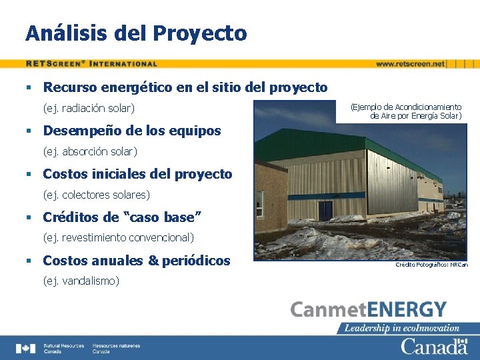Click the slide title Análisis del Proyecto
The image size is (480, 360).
(x=136, y=33)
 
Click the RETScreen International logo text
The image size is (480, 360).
(x=92, y=64)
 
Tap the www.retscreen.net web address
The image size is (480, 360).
(x=409, y=64)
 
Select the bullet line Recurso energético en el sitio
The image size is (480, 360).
(x=185, y=87)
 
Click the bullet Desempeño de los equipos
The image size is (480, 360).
(x=131, y=131)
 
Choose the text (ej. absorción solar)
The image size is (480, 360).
(x=90, y=151)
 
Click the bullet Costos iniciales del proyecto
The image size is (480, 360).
(x=137, y=174)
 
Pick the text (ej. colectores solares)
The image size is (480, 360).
(x=97, y=195)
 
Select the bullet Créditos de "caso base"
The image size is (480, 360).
(x=122, y=217)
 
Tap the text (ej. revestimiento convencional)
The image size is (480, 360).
(x=119, y=237)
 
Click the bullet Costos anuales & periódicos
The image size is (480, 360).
(x=136, y=261)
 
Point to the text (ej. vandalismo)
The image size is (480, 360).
(x=81, y=281)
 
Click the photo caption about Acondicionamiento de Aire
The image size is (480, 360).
(x=406, y=111)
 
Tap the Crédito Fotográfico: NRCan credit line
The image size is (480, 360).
(x=431, y=265)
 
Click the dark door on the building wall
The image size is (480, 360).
(x=325, y=211)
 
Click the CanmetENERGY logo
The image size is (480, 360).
(x=368, y=310)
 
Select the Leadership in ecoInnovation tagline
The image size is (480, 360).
(x=402, y=327)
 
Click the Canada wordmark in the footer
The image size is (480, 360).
(x=434, y=347)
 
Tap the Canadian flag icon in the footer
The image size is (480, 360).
(x=26, y=348)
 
